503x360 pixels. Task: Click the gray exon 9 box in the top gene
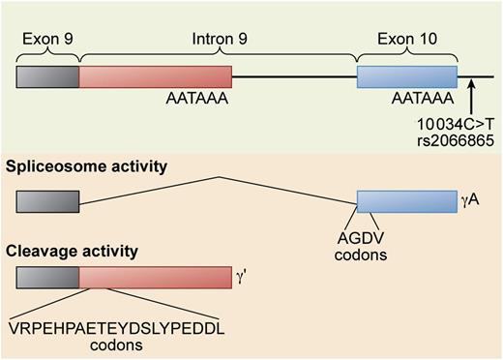[x=47, y=77]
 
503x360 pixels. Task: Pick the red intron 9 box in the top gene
[x=156, y=77]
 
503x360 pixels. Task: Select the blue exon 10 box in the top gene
[x=407, y=77]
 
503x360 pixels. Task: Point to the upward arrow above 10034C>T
[x=471, y=97]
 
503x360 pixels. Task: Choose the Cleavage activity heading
[x=71, y=251]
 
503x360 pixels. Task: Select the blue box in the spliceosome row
[x=407, y=201]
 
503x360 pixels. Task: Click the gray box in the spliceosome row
[x=47, y=201]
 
